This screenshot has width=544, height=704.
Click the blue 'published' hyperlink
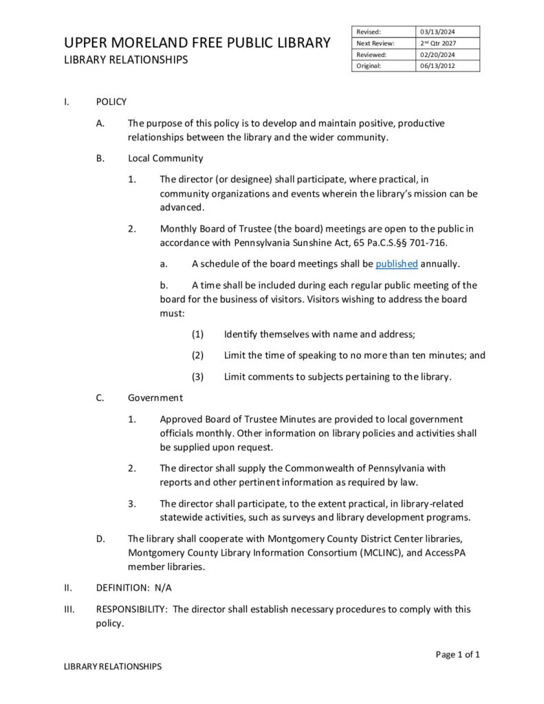(397, 264)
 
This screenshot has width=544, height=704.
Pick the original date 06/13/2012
(438, 66)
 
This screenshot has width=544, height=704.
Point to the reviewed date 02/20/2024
(438, 54)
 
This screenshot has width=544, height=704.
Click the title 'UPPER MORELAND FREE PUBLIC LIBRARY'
(197, 43)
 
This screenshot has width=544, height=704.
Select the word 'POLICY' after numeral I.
(111, 102)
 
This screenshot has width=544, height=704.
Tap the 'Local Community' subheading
(166, 158)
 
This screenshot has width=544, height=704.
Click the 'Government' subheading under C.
(155, 397)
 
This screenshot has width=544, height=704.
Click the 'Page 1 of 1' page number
(457, 654)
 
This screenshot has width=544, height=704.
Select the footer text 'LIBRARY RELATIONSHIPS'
(113, 666)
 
